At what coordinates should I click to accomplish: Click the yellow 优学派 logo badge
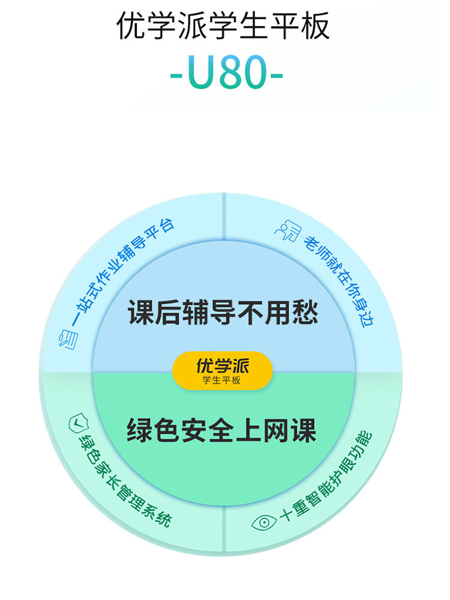coord(223,370)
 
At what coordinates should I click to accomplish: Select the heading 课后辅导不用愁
coord(223,314)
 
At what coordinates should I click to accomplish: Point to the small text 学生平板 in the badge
coord(223,380)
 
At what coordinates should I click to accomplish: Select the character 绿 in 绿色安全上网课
coord(142,431)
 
